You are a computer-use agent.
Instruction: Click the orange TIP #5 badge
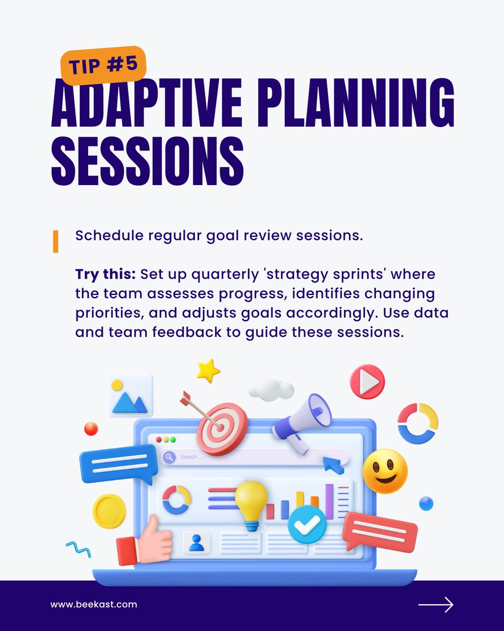click(x=103, y=65)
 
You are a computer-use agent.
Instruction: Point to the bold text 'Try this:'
click(x=106, y=275)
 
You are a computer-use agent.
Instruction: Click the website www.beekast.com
click(x=93, y=604)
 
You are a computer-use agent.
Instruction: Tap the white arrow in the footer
click(x=435, y=605)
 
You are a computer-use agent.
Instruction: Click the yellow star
click(x=208, y=370)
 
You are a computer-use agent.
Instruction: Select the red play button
click(x=367, y=381)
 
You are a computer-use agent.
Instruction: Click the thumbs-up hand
click(x=147, y=542)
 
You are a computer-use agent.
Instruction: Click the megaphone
click(x=302, y=421)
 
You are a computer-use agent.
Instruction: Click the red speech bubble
click(x=380, y=531)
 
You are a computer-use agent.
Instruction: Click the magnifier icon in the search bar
click(x=169, y=457)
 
